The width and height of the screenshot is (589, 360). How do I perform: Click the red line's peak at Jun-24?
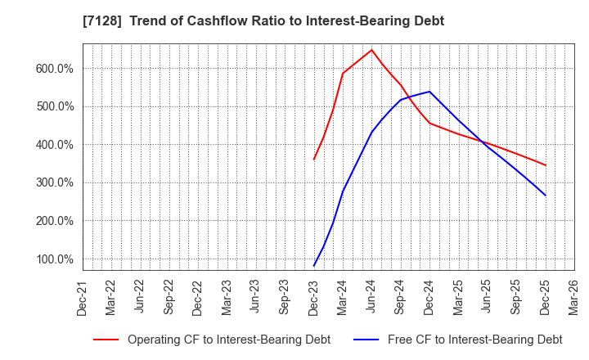click(371, 50)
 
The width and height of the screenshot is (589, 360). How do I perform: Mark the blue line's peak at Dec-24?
click(429, 92)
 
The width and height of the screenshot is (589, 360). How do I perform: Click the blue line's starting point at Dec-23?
click(314, 266)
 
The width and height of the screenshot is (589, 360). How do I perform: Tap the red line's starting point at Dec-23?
click(314, 159)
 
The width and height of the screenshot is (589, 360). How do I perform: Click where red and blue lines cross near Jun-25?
click(483, 142)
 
